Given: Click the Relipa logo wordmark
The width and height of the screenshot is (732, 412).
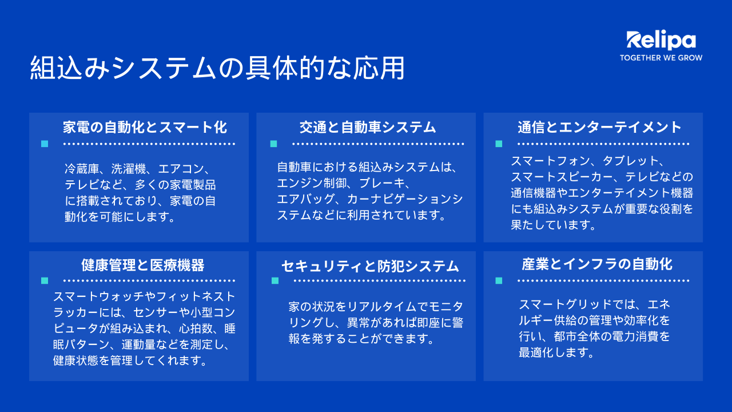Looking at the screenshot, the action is point(661,41).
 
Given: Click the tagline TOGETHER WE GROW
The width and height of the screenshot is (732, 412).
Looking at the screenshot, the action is point(661,58).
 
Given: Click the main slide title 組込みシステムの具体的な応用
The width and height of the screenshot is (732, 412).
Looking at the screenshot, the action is point(217,68).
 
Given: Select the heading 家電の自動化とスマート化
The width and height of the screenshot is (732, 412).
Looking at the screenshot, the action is point(145,127).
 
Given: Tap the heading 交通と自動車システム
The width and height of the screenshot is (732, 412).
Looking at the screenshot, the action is point(368,127).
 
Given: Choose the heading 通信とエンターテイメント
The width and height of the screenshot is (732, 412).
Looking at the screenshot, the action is point(599,127).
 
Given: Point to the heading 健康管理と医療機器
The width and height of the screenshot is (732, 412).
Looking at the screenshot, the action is point(143,265).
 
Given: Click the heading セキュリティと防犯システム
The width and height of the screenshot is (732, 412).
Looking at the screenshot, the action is point(370,266).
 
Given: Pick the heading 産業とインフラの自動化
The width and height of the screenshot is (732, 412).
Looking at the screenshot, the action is point(597,264).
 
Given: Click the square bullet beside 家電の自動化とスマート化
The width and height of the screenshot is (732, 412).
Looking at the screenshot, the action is point(45,144).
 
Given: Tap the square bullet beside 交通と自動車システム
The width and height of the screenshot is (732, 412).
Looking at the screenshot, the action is point(273,144).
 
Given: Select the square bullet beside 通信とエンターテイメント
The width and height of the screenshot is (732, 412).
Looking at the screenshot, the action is point(499,144).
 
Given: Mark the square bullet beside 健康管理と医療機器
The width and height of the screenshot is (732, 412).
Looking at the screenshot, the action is point(45,280).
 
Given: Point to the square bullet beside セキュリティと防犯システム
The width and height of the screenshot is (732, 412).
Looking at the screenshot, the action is point(275,280).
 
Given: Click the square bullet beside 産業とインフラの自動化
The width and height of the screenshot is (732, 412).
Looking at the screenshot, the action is point(499,280).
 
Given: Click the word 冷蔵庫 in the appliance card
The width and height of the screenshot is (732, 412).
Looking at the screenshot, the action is point(82,169).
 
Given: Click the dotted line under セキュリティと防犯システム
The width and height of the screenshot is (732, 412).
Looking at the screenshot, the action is point(379,280).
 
